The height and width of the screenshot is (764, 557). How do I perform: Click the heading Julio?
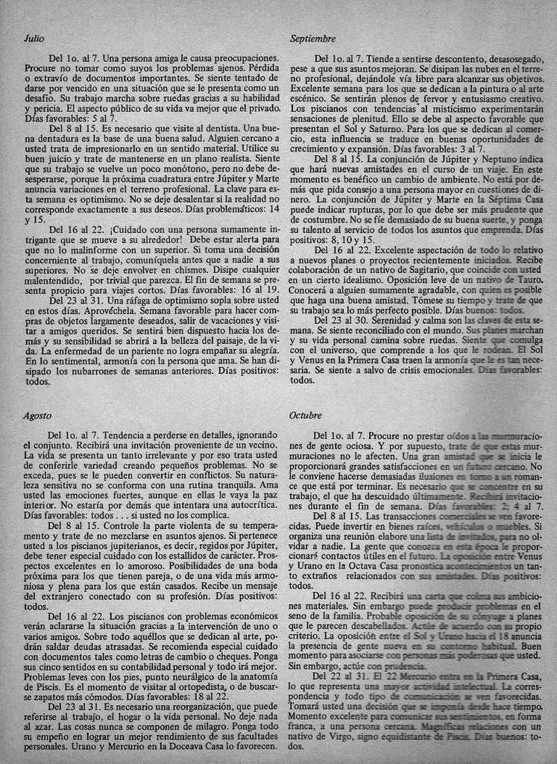34,38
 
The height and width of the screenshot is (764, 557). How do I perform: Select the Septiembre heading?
312,38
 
